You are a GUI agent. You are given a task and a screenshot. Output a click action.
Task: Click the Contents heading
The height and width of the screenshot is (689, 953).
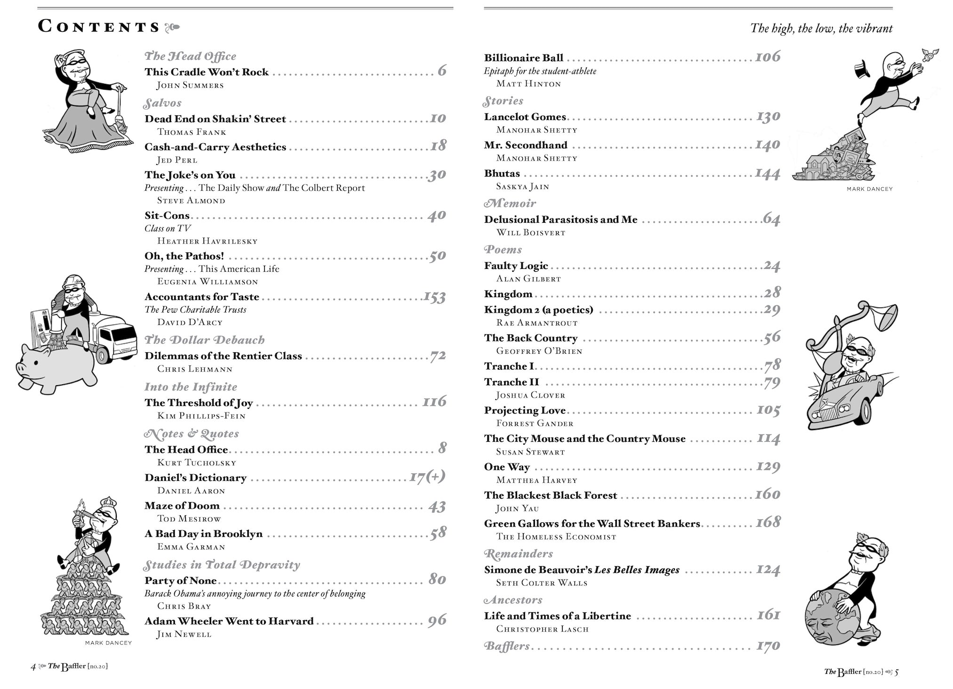tap(99, 27)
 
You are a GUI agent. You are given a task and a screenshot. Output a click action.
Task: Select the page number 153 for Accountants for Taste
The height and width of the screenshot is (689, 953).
tap(434, 297)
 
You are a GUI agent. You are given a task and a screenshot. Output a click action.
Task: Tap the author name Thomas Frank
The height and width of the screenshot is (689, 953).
tap(192, 132)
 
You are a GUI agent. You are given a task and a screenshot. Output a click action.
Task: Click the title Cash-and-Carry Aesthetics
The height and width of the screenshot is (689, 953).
tap(215, 147)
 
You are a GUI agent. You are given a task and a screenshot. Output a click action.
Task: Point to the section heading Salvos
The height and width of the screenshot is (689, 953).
tap(163, 103)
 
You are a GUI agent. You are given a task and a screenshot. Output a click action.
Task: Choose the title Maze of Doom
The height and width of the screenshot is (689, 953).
tap(182, 506)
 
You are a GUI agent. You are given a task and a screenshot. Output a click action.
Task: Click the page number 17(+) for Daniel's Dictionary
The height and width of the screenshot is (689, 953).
tap(427, 477)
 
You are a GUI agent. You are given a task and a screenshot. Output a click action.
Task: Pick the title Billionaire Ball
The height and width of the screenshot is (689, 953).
tap(523, 58)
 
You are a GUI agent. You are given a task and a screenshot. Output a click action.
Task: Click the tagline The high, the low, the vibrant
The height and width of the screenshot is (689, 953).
tap(821, 29)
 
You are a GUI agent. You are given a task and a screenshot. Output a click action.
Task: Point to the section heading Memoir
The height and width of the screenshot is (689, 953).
tap(510, 203)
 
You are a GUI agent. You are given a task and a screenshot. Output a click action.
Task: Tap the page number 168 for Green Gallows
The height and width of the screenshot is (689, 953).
tap(768, 522)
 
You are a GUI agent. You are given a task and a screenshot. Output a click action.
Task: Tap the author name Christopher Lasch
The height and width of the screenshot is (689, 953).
tap(542, 629)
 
